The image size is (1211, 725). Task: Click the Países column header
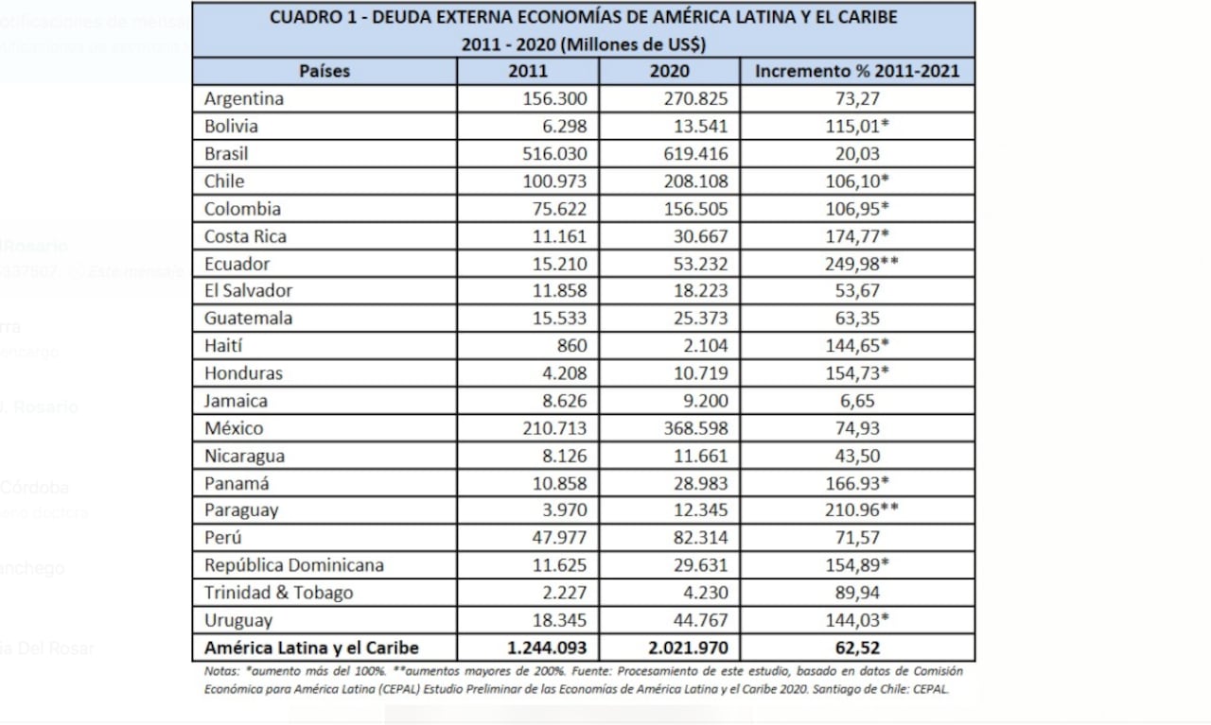click(x=325, y=71)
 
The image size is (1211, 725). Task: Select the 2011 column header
click(x=527, y=71)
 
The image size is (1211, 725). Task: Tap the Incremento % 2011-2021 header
click(x=856, y=71)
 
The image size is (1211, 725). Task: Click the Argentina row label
click(x=244, y=98)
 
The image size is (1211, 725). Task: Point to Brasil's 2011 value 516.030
click(x=555, y=153)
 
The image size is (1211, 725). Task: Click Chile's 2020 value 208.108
click(x=697, y=181)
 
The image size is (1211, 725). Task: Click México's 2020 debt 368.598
click(x=697, y=429)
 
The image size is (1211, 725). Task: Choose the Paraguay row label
click(x=241, y=511)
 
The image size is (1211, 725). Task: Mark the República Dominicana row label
click(x=294, y=566)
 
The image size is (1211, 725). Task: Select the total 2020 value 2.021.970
click(x=689, y=648)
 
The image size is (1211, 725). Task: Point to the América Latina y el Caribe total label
click(x=311, y=648)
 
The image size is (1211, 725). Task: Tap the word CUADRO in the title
click(x=304, y=17)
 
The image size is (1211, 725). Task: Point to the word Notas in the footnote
click(x=221, y=671)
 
